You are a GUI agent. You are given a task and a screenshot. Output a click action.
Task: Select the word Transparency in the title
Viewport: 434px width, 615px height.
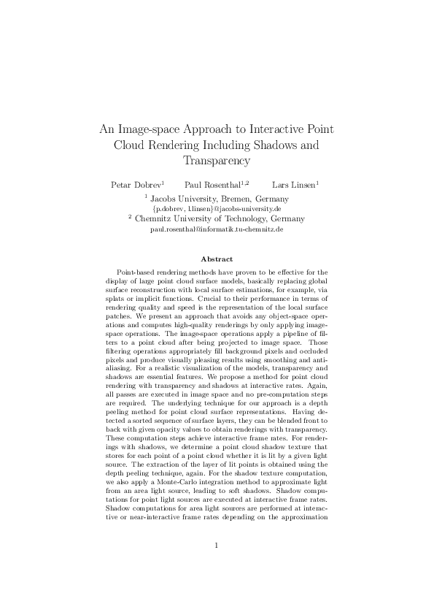(217, 161)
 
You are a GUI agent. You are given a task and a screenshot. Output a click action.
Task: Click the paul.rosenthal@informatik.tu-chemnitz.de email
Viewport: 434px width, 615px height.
(217, 229)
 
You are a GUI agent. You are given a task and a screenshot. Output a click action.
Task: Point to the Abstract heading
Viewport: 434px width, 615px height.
(217, 259)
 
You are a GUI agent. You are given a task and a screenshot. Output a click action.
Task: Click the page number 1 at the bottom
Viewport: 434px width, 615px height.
(217, 565)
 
